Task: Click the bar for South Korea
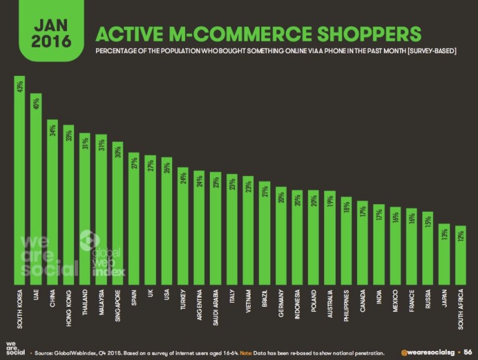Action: (19, 182)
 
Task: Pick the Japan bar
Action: (444, 254)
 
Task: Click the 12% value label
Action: (460, 235)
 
